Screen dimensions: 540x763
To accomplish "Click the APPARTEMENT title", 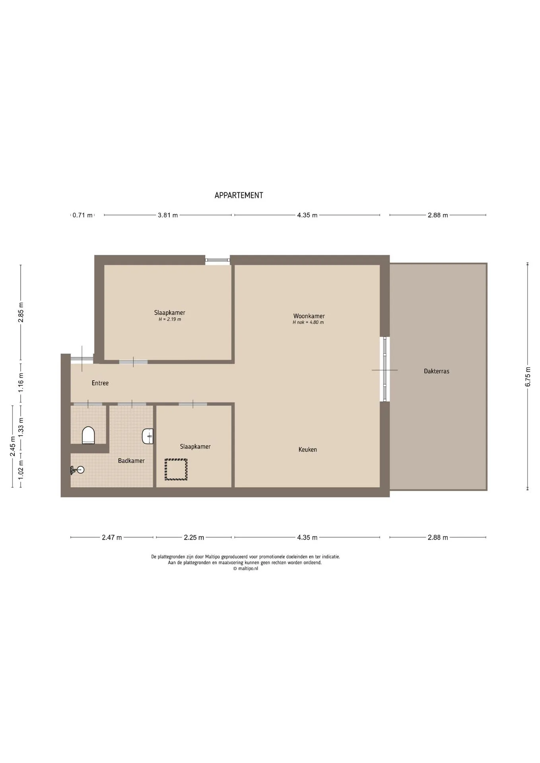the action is [x=239, y=195].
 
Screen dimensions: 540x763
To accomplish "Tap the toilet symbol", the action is [x=88, y=435].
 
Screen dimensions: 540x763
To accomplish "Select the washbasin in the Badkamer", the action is [x=148, y=436].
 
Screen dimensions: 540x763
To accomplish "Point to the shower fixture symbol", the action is [x=78, y=470].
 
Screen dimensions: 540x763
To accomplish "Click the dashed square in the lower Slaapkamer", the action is [x=176, y=469].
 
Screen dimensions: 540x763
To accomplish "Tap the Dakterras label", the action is [x=437, y=371].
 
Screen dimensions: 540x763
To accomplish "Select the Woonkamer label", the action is [x=309, y=316].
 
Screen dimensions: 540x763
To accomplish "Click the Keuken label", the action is [x=308, y=449].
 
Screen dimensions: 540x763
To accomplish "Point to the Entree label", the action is [x=100, y=383].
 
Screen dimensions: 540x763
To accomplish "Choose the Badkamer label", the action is [x=131, y=461].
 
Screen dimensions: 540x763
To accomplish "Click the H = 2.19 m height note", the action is [x=170, y=320].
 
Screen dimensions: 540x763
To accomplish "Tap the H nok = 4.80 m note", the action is [x=308, y=322].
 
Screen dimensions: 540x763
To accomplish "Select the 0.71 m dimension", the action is [x=82, y=215].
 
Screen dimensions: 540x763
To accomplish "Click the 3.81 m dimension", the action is [x=168, y=215].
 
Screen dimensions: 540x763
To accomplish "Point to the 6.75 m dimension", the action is [x=528, y=376].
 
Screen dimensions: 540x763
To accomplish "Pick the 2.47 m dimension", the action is [x=112, y=538].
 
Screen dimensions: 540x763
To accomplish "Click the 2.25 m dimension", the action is [x=194, y=538].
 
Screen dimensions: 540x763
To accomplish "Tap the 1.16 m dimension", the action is [x=21, y=383].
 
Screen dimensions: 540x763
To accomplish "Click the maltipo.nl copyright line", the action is [x=246, y=569].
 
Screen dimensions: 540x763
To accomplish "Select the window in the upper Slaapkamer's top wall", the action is [x=218, y=260].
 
